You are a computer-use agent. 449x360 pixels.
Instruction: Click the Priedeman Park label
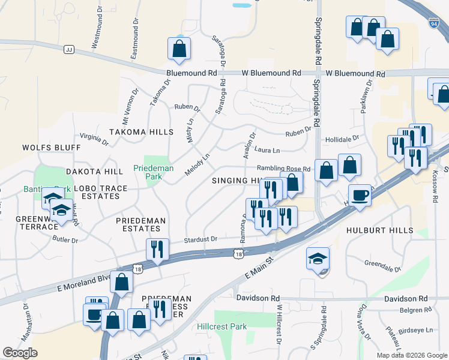tap(153, 173)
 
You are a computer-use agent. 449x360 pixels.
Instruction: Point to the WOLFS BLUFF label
tap(51, 147)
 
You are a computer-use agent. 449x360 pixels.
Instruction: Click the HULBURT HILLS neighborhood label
tap(380, 230)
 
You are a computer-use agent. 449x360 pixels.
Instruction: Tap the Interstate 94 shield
tap(433, 23)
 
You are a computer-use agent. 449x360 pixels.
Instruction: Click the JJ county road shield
tap(68, 49)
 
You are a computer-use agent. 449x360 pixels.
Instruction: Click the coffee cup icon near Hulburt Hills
tap(360, 195)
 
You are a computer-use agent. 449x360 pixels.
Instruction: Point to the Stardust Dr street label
tap(200, 239)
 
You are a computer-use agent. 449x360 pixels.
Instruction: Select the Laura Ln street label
tap(267, 151)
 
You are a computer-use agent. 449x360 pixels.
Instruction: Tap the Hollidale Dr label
tap(342, 138)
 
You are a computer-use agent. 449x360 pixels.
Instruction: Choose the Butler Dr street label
tap(66, 239)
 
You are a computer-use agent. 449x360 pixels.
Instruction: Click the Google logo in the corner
tap(20, 353)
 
